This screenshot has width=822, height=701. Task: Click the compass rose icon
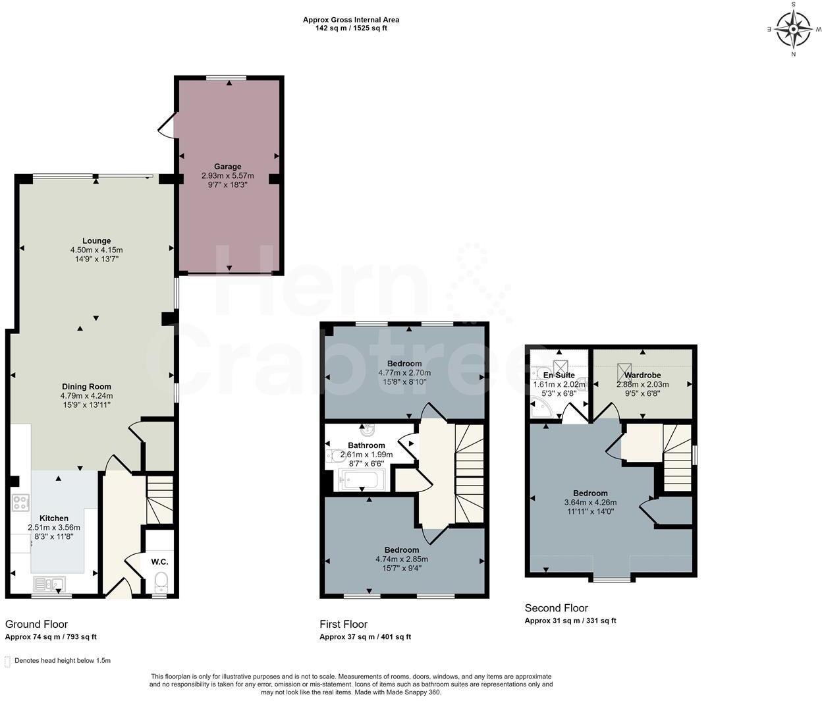click(794, 29)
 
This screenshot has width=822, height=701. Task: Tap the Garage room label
click(227, 167)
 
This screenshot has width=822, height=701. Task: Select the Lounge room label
click(96, 241)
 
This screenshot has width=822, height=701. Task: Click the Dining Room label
click(86, 387)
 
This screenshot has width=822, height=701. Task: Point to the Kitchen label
click(53, 519)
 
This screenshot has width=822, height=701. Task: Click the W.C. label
click(159, 562)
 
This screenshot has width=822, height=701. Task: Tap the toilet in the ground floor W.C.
click(160, 582)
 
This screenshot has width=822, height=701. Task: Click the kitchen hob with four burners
click(20, 503)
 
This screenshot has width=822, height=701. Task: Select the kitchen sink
click(47, 583)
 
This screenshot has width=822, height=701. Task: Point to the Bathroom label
click(366, 445)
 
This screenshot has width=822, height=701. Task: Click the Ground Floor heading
click(36, 625)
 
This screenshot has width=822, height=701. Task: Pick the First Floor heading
click(343, 625)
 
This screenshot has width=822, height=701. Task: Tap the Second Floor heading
click(556, 608)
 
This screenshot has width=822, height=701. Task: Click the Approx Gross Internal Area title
click(350, 20)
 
